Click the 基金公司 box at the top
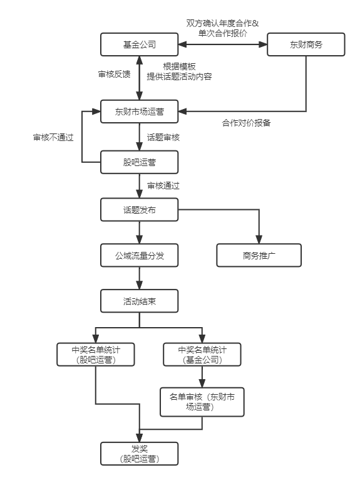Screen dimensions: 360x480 [x=139, y=44]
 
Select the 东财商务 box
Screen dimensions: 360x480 [x=306, y=44]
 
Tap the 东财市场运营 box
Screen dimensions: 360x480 [x=139, y=112]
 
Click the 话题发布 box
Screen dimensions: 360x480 [x=139, y=210]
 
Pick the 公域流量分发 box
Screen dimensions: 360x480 [x=139, y=255]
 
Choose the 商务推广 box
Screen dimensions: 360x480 [x=259, y=255]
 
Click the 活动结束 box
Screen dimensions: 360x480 [x=139, y=301]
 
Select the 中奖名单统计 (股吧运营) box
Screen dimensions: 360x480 [x=96, y=355]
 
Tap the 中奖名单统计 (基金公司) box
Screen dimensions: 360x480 [x=202, y=355]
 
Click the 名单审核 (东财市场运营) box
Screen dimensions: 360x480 [x=202, y=402]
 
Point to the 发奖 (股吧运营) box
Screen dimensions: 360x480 [x=139, y=454]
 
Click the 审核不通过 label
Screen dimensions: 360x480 [x=53, y=137]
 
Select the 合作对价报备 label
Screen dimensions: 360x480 [x=246, y=123]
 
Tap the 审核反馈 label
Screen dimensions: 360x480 [x=114, y=74]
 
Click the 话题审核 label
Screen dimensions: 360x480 [x=163, y=137]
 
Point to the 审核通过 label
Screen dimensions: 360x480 [x=163, y=185]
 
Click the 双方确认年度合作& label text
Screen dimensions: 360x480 [x=222, y=23]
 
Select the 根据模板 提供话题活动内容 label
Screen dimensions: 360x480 [x=179, y=71]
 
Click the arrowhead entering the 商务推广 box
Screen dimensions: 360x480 [x=259, y=240]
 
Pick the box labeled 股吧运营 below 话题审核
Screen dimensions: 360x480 [x=139, y=162]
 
